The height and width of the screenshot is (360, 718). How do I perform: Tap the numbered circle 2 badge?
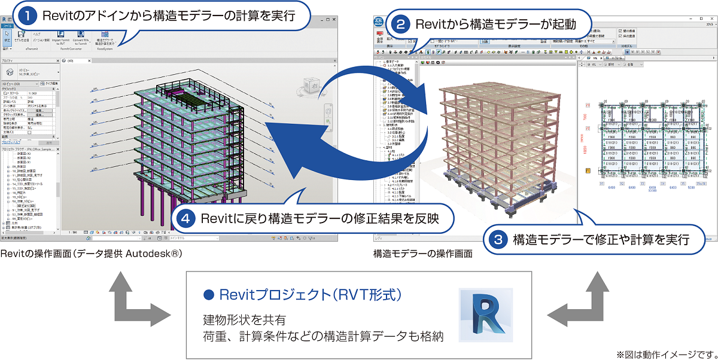pyautogui.click(x=401, y=25)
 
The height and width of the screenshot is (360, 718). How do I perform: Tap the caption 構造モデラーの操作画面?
pyautogui.click(x=422, y=254)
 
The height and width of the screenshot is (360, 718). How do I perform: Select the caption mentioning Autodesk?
pyautogui.click(x=90, y=254)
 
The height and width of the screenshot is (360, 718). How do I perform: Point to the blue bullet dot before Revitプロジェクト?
pyautogui.click(x=209, y=295)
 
